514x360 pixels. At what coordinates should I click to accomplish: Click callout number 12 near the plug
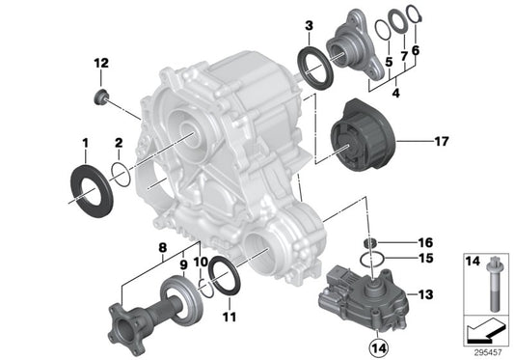(x=101, y=64)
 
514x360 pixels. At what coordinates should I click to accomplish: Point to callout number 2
(x=118, y=145)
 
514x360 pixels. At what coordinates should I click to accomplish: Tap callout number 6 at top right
(x=416, y=50)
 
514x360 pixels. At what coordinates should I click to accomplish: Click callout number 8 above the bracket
(x=161, y=247)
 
